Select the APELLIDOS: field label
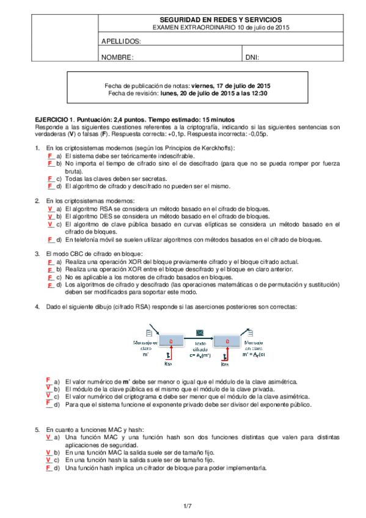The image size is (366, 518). pyautogui.click(x=122, y=42)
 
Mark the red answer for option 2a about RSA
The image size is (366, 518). pyautogui.click(x=49, y=208)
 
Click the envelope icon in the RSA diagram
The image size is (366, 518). pyautogui.click(x=199, y=333)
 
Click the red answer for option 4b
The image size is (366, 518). pyautogui.click(x=48, y=387)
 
